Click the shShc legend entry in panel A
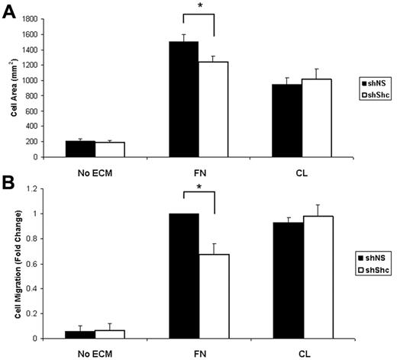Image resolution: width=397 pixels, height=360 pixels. coord(374,94)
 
